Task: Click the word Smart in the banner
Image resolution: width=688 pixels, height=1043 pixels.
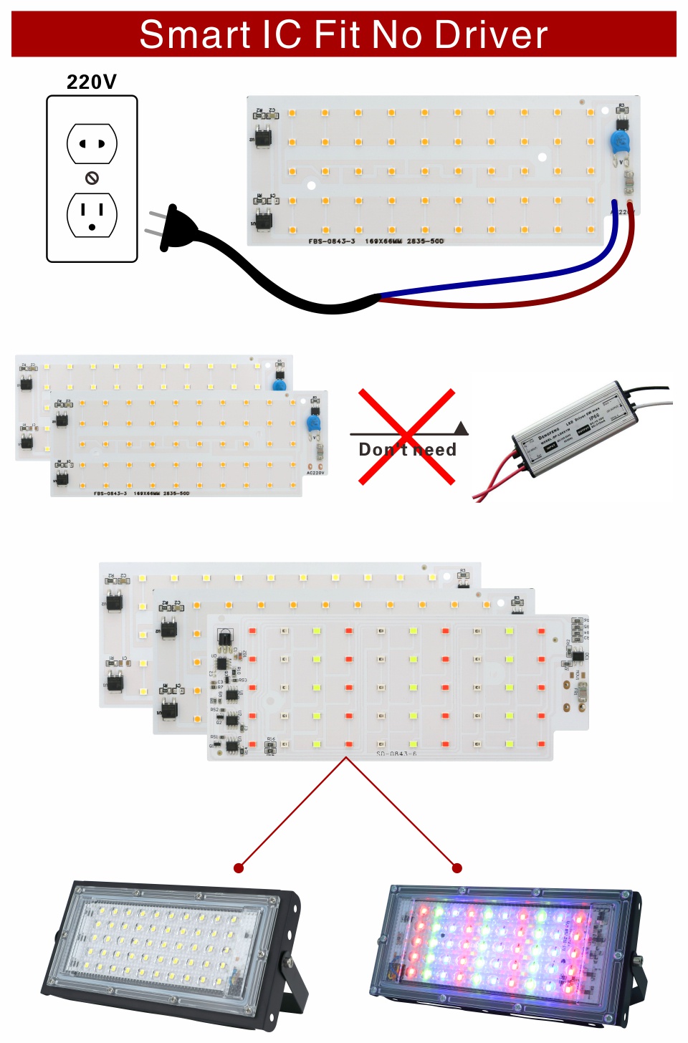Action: tap(195, 34)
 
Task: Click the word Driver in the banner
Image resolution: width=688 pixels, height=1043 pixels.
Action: tap(491, 34)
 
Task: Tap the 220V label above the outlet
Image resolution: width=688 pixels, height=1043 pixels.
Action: tap(92, 82)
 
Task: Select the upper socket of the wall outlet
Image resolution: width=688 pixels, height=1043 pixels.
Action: tap(92, 143)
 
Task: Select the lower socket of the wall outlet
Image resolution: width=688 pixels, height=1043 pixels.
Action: tap(92, 214)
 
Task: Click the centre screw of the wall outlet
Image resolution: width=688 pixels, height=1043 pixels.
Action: tap(92, 178)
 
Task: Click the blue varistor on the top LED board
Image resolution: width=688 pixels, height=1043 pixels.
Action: tap(620, 141)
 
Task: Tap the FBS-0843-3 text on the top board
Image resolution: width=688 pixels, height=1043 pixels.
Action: tap(332, 241)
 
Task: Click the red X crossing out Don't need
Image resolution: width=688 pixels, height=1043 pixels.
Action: tap(407, 436)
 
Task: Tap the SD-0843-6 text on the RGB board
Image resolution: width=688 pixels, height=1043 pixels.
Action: tap(396, 754)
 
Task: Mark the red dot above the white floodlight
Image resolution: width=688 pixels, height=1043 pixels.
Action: tap(239, 868)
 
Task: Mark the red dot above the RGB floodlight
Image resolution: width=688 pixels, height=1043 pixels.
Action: tap(457, 868)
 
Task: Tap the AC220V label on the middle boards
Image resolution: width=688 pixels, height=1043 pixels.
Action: tap(315, 473)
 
